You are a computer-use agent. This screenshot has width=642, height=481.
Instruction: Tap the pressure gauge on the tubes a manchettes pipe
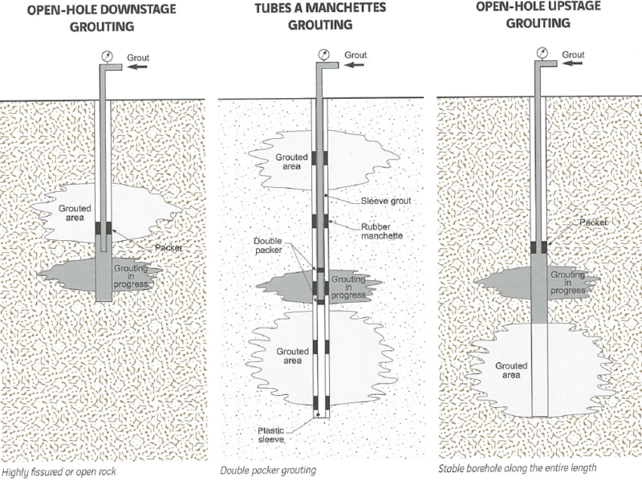321,55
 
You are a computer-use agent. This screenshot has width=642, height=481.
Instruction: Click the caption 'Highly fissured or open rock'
59,471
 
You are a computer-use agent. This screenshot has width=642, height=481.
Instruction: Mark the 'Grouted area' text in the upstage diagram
510,370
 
